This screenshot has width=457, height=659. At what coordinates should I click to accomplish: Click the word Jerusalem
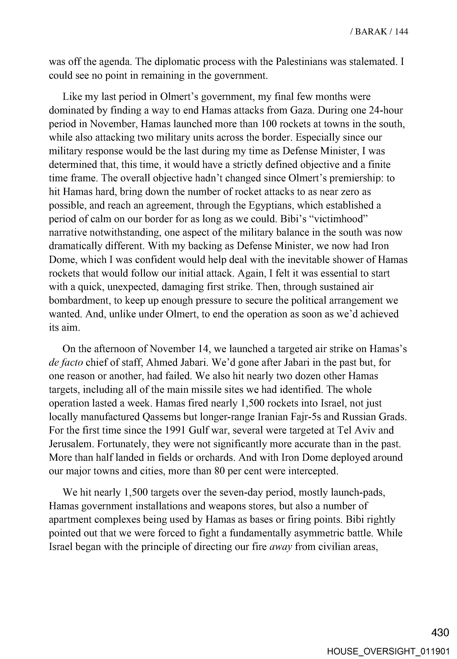click(x=71, y=444)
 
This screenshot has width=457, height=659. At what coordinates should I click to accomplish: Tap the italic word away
click(x=281, y=547)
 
